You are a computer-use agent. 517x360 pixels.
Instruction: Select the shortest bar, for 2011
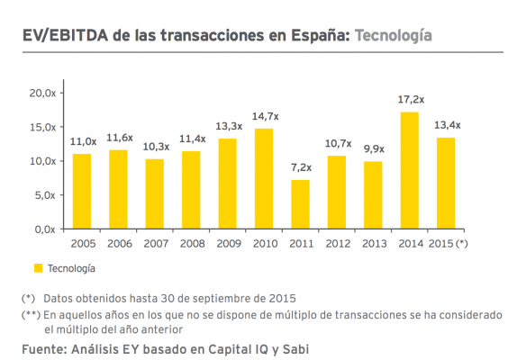300,204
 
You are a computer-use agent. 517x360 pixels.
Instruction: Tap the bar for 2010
264,178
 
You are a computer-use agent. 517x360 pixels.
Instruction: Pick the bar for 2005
82,191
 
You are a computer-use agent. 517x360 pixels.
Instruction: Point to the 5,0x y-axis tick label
46,194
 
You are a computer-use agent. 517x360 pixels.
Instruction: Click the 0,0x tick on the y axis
46,229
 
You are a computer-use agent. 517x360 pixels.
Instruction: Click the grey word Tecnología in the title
393,36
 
